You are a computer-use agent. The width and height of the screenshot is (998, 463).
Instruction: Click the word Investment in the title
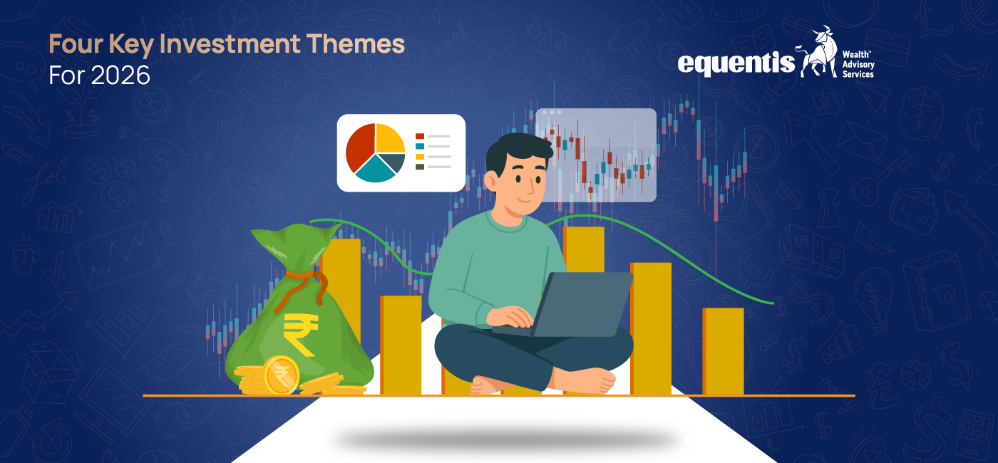tap(230, 44)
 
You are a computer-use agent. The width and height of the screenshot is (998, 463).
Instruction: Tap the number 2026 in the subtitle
tap(120, 76)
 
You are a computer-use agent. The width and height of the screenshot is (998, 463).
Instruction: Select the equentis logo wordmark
tap(736, 63)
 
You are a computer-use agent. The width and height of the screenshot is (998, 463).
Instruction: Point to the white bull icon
tap(818, 52)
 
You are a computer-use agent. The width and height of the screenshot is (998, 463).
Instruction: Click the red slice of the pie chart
tap(359, 147)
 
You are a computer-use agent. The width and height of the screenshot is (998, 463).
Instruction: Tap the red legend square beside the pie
tap(420, 136)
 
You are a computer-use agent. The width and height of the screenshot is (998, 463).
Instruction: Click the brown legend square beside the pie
tap(420, 167)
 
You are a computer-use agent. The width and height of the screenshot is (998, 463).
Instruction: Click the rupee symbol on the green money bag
tap(301, 333)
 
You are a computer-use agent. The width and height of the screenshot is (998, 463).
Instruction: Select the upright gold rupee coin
tap(282, 375)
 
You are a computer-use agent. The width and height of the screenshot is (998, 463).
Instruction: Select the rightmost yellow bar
tap(723, 351)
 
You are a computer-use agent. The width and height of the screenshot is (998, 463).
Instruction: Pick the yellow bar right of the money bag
tap(401, 345)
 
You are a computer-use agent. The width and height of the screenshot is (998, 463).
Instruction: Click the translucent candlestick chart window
tap(596, 155)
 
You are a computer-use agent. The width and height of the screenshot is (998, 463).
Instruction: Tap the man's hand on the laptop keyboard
tap(510, 317)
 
